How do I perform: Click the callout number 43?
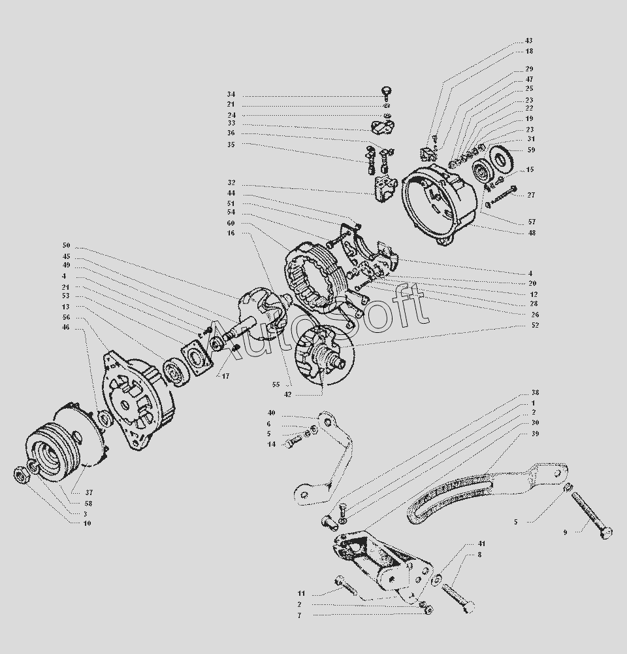[528, 41]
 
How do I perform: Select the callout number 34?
[231, 94]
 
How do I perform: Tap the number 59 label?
[531, 150]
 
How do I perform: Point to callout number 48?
[532, 233]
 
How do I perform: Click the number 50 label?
[66, 246]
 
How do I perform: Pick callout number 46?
[66, 328]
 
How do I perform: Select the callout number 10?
[87, 523]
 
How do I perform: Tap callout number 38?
[536, 393]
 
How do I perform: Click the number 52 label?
[534, 325]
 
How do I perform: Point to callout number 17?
[225, 377]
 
